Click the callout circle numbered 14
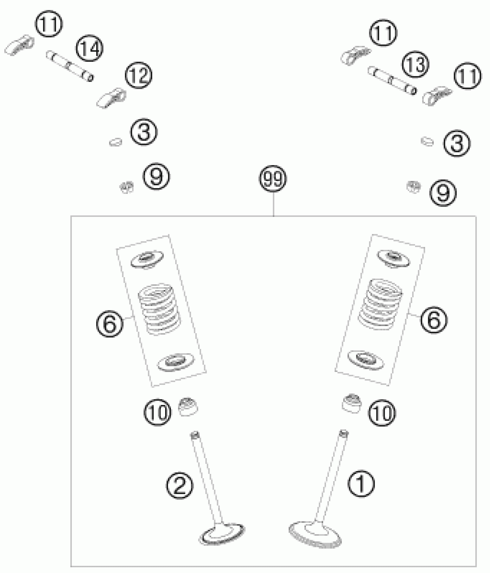coord(90,49)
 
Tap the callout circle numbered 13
coord(416,64)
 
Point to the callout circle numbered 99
coord(273,179)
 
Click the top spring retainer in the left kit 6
coord(147,259)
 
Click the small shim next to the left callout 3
coord(116,142)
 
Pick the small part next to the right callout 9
coord(413,187)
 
